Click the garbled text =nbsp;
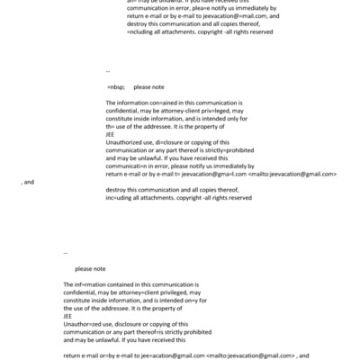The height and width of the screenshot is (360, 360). pos(116,87)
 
